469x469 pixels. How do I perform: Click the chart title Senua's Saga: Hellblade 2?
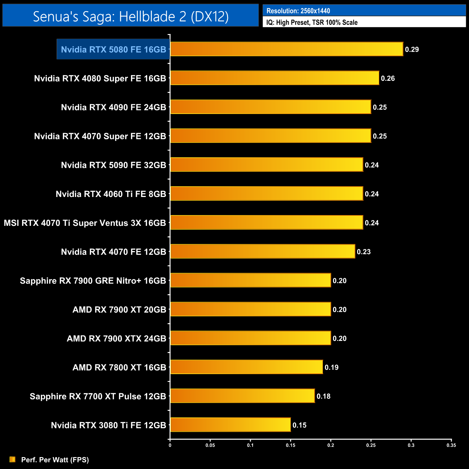(x=131, y=16)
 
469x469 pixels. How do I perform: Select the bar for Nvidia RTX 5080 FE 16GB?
(x=286, y=49)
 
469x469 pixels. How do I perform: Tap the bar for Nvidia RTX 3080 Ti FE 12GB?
(x=230, y=425)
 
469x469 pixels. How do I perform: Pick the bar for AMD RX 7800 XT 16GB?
(x=246, y=367)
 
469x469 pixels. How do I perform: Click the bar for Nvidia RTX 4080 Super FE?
(x=275, y=78)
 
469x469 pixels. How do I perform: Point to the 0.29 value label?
(x=412, y=49)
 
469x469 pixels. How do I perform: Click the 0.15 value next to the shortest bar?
(x=299, y=425)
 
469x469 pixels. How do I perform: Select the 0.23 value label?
(x=364, y=252)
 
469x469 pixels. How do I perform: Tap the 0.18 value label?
(x=324, y=396)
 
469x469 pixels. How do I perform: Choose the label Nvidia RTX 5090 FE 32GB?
(x=113, y=165)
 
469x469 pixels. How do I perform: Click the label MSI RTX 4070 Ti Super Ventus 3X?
(x=85, y=223)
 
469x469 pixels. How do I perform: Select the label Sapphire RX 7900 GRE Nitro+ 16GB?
(x=93, y=281)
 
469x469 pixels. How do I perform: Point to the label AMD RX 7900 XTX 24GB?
(x=116, y=338)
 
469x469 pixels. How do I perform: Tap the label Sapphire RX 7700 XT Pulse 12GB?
(x=98, y=396)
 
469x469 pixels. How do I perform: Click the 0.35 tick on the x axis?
(x=451, y=445)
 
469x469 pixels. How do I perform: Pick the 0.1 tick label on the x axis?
(x=250, y=445)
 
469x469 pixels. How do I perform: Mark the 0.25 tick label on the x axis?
(x=371, y=445)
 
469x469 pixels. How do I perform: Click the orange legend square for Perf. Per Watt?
(x=13, y=459)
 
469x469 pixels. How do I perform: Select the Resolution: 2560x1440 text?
(x=298, y=11)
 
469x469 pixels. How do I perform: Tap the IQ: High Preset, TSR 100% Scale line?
(x=312, y=22)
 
